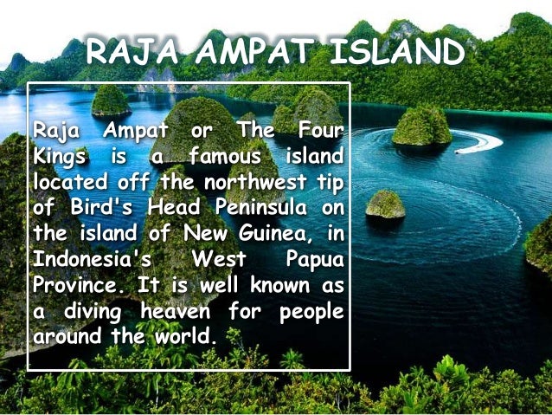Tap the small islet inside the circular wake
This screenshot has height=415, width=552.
(x=385, y=204)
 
